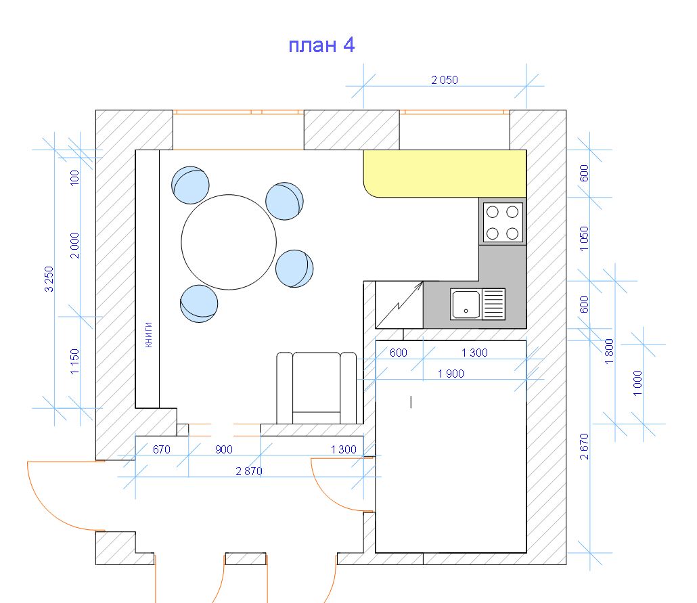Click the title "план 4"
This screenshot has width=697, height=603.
coord(321,46)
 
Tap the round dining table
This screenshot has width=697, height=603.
coord(229,242)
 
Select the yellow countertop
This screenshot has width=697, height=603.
coord(445,173)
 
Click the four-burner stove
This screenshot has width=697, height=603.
coord(503,223)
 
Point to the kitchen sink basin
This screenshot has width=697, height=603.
coord(466,304)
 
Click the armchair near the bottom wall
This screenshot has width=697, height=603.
coord(317,388)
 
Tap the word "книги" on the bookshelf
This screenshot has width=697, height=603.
coord(148,334)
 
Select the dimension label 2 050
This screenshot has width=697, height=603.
coord(445,80)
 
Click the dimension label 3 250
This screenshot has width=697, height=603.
coord(49,279)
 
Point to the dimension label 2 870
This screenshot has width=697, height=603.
coord(249,471)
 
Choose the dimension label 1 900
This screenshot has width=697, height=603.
coord(451,374)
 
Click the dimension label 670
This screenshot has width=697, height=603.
coord(161,449)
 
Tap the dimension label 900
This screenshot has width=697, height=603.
coord(223,449)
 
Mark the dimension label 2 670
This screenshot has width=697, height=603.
coord(584,447)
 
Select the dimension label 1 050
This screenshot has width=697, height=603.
coord(584,238)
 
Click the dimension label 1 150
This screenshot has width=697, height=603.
coord(74,361)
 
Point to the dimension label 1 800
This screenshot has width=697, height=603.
coord(609,351)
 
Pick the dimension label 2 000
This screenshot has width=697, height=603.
coord(74,246)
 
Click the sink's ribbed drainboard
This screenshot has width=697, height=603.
coord(493,304)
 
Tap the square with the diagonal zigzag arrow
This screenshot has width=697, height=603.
coord(399,305)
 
